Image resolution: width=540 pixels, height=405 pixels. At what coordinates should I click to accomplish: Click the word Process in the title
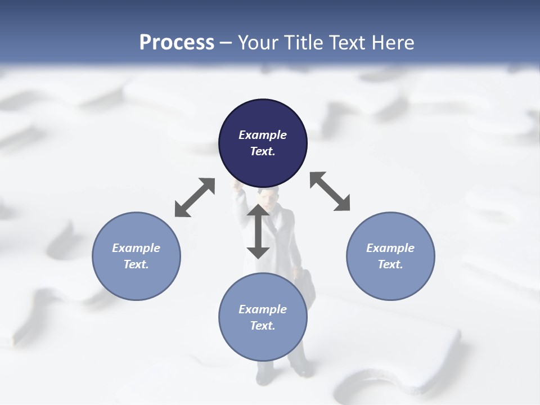click(x=177, y=42)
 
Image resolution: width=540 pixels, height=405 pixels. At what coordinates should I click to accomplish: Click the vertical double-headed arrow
click(x=258, y=231)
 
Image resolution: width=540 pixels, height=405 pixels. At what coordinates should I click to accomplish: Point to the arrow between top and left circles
click(x=195, y=197)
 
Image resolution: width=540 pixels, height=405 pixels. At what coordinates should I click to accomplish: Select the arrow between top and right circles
click(x=330, y=192)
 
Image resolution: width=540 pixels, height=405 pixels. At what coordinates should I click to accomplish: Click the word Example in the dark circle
click(x=263, y=135)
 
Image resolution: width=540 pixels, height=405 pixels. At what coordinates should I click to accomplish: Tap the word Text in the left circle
click(x=136, y=264)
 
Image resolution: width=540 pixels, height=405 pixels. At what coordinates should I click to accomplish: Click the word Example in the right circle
click(x=390, y=248)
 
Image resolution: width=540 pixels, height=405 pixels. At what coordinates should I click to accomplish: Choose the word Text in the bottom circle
click(x=262, y=326)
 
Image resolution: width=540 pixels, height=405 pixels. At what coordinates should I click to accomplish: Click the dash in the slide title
click(x=226, y=43)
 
